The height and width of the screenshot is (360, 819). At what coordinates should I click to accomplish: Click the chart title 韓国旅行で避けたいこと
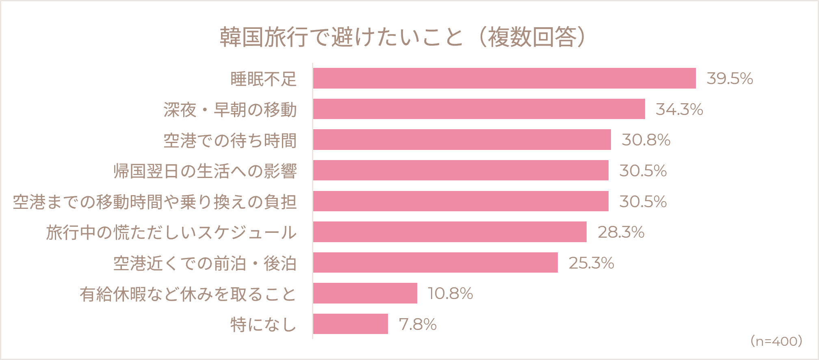coord(342,37)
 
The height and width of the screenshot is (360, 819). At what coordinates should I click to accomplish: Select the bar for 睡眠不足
coord(504,78)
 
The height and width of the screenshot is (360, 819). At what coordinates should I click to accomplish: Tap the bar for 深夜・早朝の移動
coord(479,109)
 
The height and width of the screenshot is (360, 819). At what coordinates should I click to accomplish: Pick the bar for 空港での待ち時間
coord(462,140)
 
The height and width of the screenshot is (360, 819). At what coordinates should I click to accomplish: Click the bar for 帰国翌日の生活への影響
coord(461,170)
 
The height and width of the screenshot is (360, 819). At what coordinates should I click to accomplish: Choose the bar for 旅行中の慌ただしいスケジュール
coord(450,232)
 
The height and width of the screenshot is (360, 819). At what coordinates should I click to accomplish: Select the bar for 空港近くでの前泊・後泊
coord(435,262)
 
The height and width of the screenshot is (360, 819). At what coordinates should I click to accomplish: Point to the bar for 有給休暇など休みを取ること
coord(365,293)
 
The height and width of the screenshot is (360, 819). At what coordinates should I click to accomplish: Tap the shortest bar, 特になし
coord(350,324)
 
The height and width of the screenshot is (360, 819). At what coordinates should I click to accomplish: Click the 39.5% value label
coord(730,78)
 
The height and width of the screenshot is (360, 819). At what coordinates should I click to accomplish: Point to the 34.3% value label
coord(679,109)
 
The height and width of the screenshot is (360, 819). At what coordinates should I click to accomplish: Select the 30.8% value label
coord(646,140)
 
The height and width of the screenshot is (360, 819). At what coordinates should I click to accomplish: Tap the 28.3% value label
coord(621,232)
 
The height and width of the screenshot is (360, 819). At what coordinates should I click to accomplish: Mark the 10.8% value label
coord(451,293)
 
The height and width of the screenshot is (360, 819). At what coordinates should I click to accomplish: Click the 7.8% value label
coord(418,324)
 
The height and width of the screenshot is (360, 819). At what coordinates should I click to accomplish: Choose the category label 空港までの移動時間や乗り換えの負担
coord(155,202)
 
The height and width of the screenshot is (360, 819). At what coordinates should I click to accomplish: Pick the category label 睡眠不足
coord(264,79)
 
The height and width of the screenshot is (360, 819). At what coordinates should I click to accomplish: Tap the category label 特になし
coord(264,324)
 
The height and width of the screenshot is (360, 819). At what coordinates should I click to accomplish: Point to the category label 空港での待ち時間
coord(230,140)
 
